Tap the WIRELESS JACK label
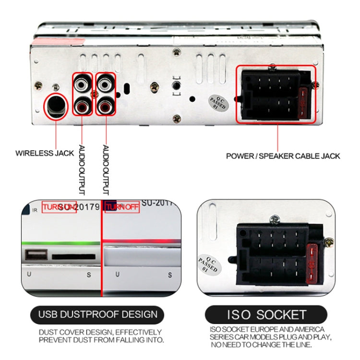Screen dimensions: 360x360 tap(45, 154)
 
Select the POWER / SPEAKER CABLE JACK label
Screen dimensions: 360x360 tap(283, 156)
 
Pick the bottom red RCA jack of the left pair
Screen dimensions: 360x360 tap(82, 104)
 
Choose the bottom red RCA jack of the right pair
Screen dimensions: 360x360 tap(106, 104)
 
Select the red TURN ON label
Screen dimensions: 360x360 tap(59, 207)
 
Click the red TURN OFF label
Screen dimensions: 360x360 tap(122, 207)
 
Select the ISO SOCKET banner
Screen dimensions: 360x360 tap(266, 315)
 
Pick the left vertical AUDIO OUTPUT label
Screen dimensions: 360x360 tap(82, 170)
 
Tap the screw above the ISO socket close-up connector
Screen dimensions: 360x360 tap(275, 220)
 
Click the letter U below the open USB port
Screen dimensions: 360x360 tap(29, 275)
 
